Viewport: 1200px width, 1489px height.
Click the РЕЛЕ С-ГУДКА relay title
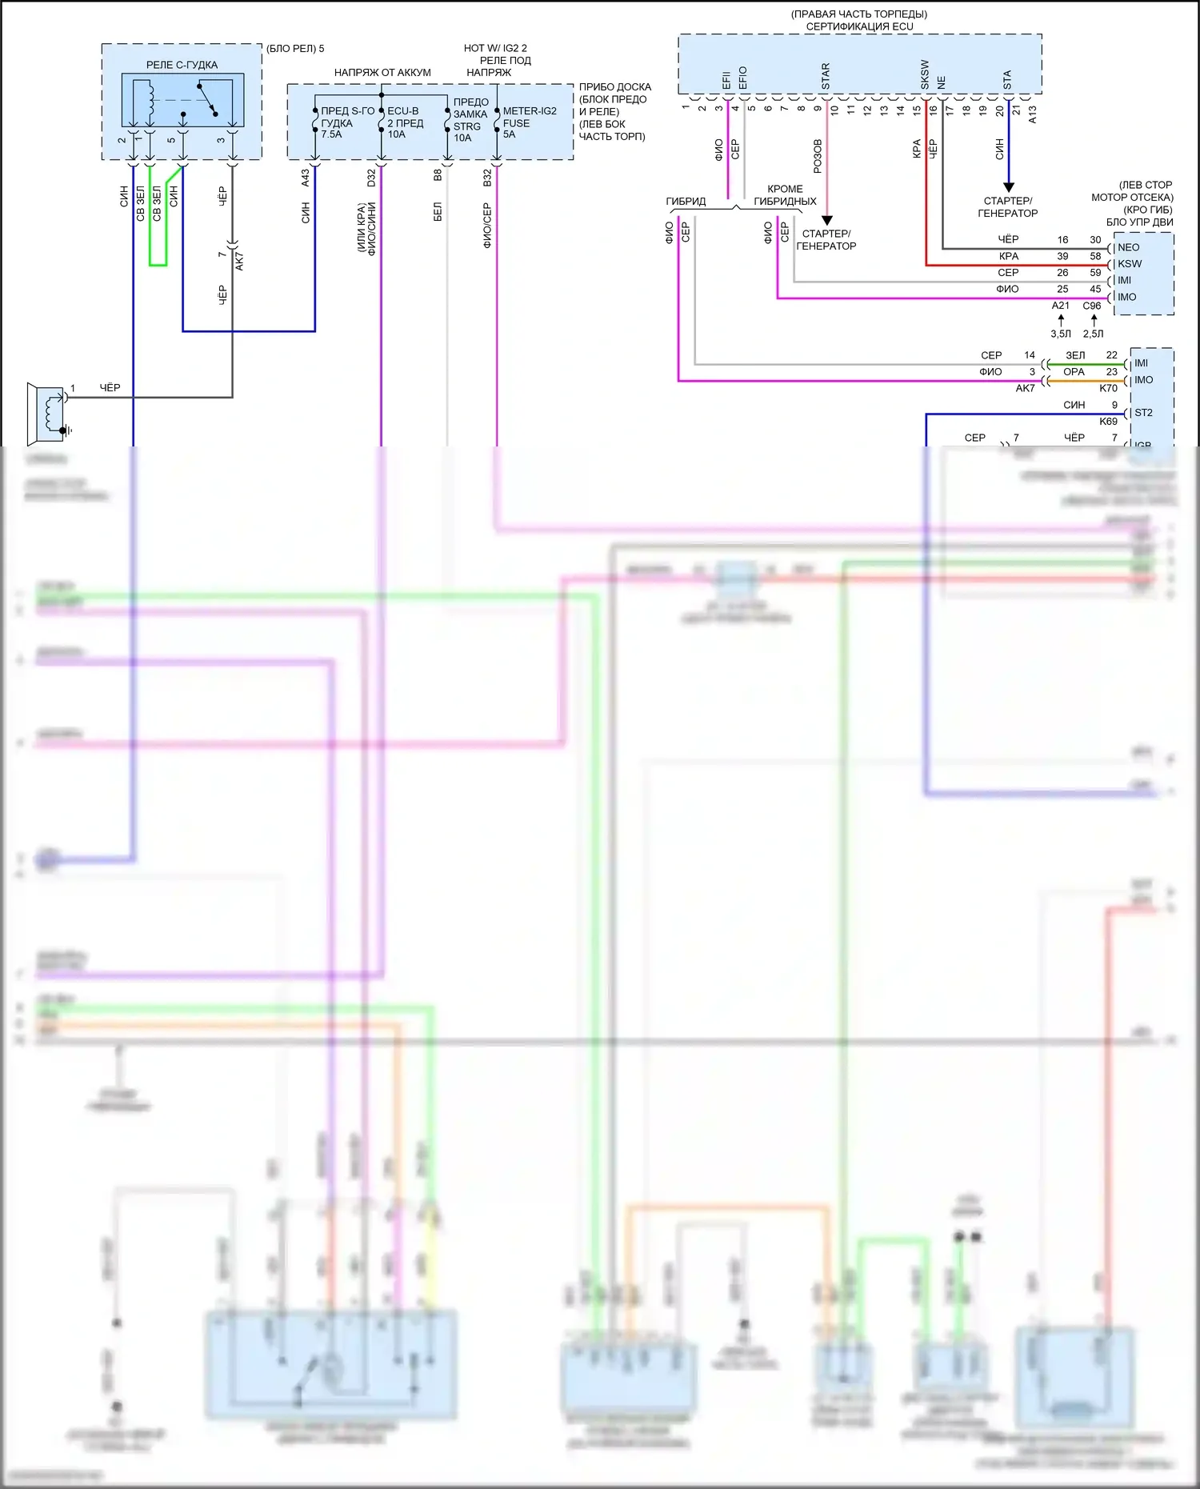pos(182,65)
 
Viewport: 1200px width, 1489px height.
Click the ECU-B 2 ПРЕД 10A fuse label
pos(405,122)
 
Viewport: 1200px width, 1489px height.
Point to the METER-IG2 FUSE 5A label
pos(529,122)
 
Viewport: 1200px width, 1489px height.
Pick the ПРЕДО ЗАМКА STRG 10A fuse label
pos(470,120)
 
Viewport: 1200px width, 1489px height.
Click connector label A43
pos(305,178)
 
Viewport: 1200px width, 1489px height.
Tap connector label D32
pos(371,178)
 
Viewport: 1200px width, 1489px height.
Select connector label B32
pos(487,178)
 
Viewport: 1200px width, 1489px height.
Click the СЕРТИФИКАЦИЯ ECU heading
pos(859,26)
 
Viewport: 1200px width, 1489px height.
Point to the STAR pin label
pos(826,76)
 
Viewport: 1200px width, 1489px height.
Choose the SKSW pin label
pos(925,74)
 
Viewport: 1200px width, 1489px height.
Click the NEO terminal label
pos(1128,247)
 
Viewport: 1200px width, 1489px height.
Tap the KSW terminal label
pos(1130,264)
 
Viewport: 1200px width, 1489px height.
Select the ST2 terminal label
pos(1143,413)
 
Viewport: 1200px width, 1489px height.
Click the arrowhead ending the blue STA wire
pos(1008,187)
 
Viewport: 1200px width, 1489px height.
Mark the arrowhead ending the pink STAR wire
pos(827,220)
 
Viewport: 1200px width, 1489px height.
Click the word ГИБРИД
pos(686,202)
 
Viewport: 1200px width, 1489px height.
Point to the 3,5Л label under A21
pos(1060,334)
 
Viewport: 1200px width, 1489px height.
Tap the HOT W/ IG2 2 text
pos(495,48)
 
